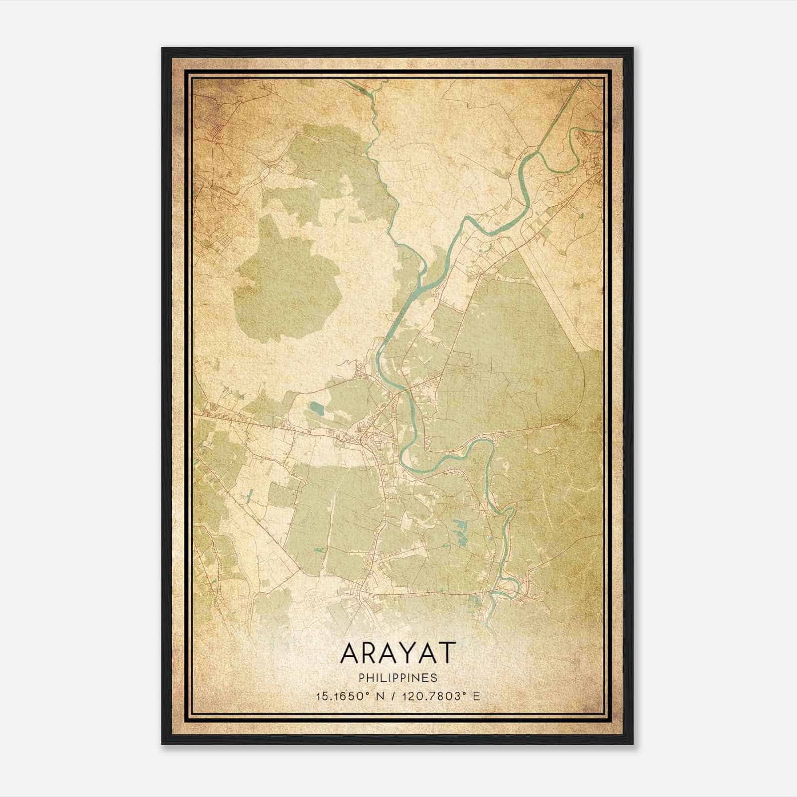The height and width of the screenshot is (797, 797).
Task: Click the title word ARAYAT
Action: [x=398, y=653]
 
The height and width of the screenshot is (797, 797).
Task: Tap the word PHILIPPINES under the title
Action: [x=398, y=678]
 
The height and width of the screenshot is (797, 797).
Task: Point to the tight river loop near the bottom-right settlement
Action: [x=511, y=588]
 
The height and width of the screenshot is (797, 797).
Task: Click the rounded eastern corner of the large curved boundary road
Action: [x=578, y=394]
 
